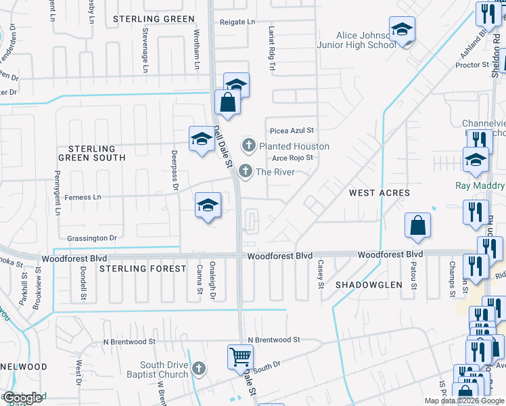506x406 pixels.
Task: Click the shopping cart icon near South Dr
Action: (x=240, y=357)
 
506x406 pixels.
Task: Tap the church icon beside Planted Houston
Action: (x=249, y=145)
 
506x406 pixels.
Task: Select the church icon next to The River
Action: (x=246, y=171)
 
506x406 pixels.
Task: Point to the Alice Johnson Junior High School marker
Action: (x=402, y=30)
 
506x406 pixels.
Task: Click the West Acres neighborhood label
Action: (x=379, y=193)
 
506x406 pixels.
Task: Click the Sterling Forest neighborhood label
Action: (x=143, y=269)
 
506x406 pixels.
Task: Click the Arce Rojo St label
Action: (x=292, y=158)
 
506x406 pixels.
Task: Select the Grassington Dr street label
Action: (x=92, y=238)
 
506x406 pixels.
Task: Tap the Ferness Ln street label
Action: (x=83, y=198)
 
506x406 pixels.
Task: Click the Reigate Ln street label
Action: (x=237, y=22)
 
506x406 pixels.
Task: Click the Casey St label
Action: (x=321, y=274)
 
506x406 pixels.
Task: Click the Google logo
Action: (x=22, y=398)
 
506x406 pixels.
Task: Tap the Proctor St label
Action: (x=472, y=65)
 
